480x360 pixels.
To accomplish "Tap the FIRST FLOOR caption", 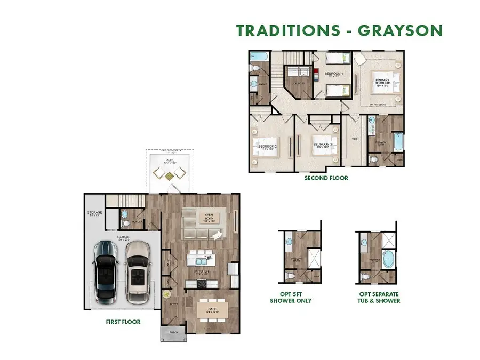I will click(124, 322).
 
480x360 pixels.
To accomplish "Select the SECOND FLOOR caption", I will click(326, 178).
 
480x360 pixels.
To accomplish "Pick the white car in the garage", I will click(138, 271).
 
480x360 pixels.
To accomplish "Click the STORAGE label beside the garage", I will click(94, 214).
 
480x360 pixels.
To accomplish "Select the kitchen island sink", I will click(202, 261).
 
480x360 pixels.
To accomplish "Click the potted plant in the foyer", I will click(166, 293).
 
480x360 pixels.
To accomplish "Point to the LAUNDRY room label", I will click(299, 83).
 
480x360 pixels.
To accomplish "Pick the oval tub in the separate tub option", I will click(388, 260).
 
